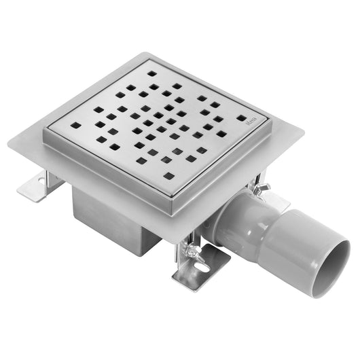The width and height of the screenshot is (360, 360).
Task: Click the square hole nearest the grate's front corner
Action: [x=168, y=176]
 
